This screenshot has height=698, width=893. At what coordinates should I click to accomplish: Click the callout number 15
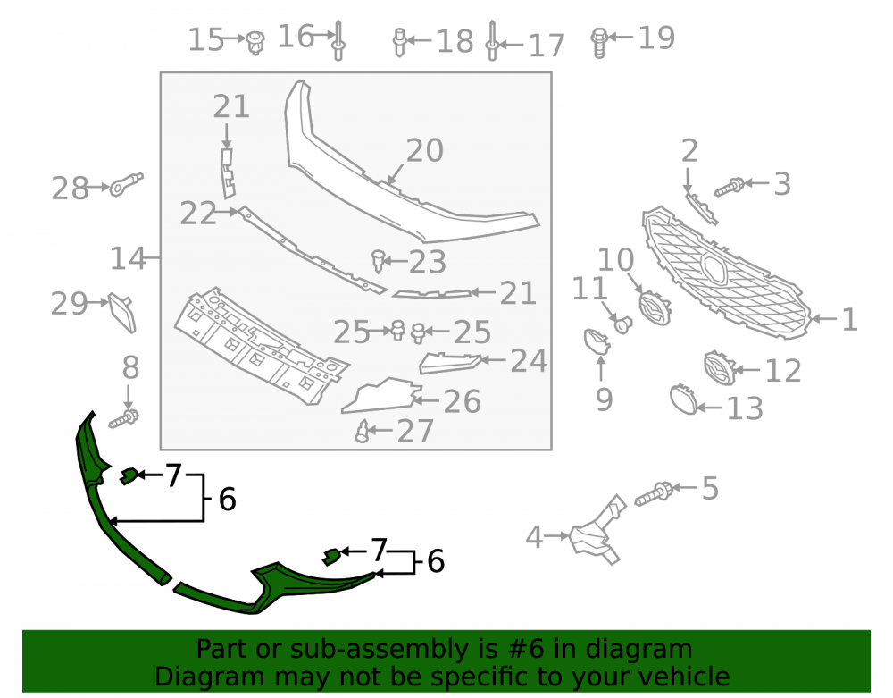point(205,40)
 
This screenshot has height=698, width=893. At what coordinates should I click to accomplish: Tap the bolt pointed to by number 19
point(598,43)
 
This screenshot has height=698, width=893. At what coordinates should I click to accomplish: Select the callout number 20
point(424,151)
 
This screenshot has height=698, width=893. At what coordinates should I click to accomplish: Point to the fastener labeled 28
point(127,183)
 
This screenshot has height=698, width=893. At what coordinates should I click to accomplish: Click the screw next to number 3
point(729,187)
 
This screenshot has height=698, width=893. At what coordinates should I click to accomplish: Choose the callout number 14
point(128,258)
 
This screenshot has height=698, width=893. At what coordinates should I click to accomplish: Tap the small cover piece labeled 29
point(122,312)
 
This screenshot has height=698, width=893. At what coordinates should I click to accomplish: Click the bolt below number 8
point(124,420)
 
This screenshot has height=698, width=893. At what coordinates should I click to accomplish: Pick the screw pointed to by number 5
point(655,493)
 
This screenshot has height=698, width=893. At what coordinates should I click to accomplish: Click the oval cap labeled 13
point(683,399)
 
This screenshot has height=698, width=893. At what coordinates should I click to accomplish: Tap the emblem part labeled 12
point(719,368)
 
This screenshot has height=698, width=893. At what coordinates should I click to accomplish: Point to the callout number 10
point(615,260)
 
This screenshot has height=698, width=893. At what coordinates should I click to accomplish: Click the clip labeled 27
point(363,432)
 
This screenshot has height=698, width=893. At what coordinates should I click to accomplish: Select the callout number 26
point(462,401)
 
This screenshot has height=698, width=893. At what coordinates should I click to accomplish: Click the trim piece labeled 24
point(450,363)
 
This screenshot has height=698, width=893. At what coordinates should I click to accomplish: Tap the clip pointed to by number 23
point(378,261)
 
